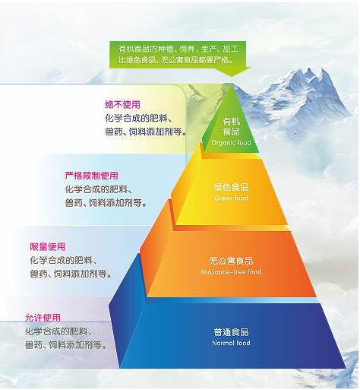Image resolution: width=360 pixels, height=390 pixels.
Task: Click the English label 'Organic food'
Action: coord(231,143)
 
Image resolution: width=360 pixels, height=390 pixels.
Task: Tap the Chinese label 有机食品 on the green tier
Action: coord(231,126)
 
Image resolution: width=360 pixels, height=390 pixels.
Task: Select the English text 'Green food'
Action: coord(231,198)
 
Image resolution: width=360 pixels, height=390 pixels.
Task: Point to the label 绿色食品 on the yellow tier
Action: coord(231,187)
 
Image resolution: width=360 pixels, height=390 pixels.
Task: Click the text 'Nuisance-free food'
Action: coord(231,272)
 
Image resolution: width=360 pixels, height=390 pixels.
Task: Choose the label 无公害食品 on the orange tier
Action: coord(231,261)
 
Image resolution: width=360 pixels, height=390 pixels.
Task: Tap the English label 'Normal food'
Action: coord(231,343)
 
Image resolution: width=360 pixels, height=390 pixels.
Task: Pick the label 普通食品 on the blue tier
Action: coord(231,332)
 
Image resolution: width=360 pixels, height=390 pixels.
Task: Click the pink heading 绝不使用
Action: coord(122,105)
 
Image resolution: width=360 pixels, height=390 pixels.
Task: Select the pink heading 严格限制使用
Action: coord(91,176)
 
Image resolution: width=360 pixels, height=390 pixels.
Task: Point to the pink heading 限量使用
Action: coord(48,246)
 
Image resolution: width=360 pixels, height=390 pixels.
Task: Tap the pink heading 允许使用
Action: coord(43,318)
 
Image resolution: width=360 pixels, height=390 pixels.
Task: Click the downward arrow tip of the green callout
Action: coord(232,76)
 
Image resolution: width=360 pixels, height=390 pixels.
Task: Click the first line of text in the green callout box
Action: coord(178,49)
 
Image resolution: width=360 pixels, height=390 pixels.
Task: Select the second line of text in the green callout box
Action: coord(175,60)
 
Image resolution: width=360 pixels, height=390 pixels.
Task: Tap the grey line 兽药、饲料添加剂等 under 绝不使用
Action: coord(147,132)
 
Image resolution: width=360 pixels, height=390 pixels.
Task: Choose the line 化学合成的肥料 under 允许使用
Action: coord(60,331)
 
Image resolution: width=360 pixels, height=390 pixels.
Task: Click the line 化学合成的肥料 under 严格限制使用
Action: coord(100,189)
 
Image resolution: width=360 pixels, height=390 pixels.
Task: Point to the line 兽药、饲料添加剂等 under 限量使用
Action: coord(71,274)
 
